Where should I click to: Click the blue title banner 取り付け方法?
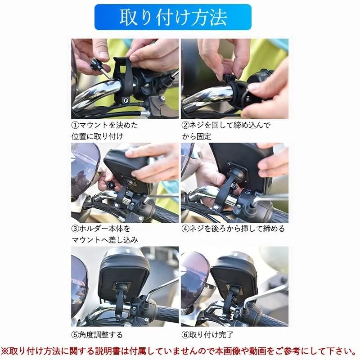click(x=173, y=17)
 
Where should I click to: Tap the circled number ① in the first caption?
click(x=75, y=125)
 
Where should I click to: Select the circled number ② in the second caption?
click(x=185, y=125)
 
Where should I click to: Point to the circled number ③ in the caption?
click(x=75, y=229)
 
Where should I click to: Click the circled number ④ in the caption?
click(x=185, y=229)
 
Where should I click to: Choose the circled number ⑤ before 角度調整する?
click(x=75, y=335)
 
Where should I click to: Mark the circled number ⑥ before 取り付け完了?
click(x=185, y=335)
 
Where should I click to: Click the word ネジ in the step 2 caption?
click(x=197, y=125)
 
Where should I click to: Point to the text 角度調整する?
click(x=101, y=335)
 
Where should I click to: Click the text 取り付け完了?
click(x=211, y=335)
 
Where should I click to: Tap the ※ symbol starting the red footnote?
click(x=4, y=351)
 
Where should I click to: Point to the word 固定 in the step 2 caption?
click(x=204, y=137)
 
